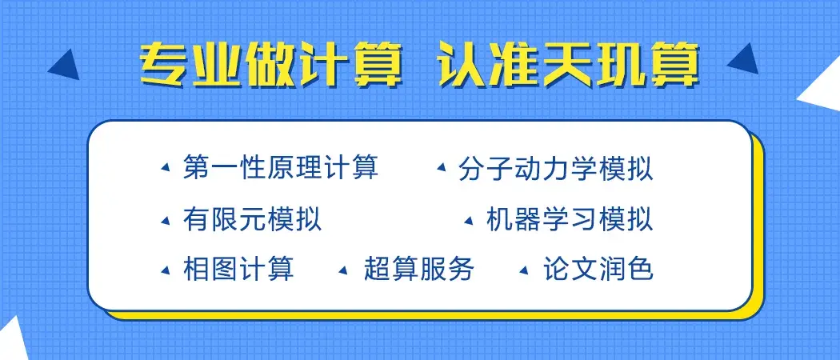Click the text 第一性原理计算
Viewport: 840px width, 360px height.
click(280, 168)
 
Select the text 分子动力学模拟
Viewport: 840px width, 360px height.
click(556, 169)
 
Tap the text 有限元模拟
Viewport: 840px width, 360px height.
click(252, 218)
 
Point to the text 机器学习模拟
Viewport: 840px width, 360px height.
click(570, 218)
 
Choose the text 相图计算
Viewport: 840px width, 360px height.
click(238, 268)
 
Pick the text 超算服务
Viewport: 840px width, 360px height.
click(418, 268)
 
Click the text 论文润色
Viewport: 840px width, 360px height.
click(598, 268)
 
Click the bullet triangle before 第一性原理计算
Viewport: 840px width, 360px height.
click(166, 169)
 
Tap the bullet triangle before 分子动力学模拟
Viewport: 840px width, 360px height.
click(441, 169)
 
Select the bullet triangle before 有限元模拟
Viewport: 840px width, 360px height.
click(166, 219)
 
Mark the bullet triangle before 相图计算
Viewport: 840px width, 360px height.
click(166, 269)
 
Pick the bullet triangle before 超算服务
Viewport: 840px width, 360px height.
click(345, 269)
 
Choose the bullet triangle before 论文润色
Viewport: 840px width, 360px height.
click(525, 269)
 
